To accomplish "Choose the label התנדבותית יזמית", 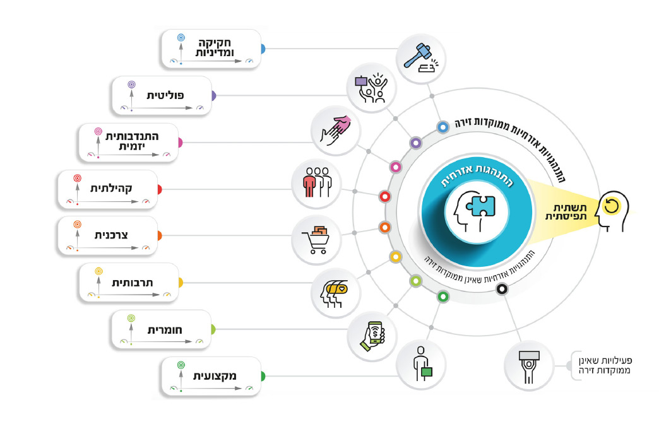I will [131, 141].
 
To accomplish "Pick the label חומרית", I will [165, 329].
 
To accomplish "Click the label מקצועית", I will [215, 376].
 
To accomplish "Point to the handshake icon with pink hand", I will [335, 127].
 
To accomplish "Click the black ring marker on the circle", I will [501, 289].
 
